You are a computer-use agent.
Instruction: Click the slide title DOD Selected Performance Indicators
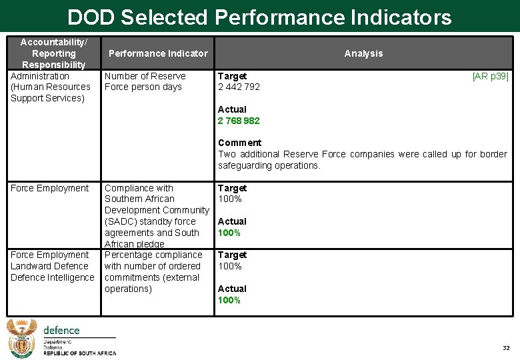click(259, 17)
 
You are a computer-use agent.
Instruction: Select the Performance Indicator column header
click(158, 53)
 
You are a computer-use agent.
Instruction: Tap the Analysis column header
click(363, 53)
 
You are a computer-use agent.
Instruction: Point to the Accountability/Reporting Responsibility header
click(53, 53)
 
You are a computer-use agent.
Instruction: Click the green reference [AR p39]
click(490, 76)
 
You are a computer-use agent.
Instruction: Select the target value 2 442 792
click(239, 87)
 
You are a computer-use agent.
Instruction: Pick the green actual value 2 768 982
click(239, 121)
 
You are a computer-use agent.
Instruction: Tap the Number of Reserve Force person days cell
click(145, 81)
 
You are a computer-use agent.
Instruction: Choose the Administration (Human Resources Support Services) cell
click(51, 87)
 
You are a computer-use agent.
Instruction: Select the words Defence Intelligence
click(53, 277)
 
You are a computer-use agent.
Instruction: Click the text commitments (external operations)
click(151, 283)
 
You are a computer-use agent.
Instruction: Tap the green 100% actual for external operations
click(229, 300)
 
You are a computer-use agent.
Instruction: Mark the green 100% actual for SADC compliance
click(229, 233)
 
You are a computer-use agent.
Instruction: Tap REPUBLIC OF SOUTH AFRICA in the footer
click(79, 353)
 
